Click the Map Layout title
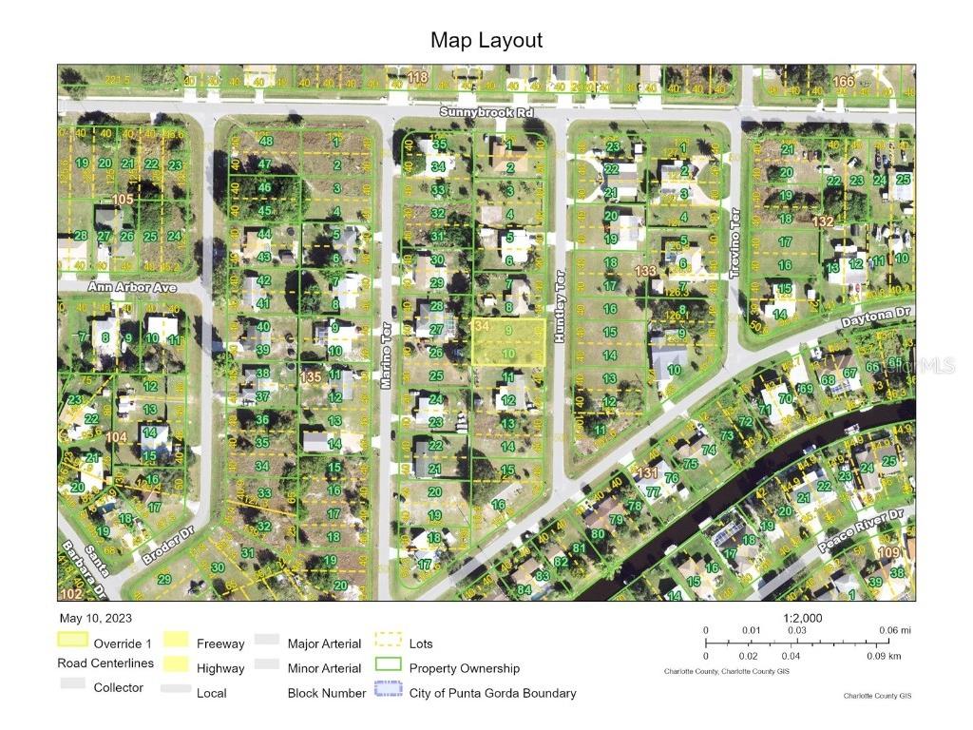(486, 40)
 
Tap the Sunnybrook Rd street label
(486, 112)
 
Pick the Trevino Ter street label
(735, 256)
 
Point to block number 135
(310, 377)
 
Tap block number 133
(646, 271)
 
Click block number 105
(123, 199)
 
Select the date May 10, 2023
(95, 618)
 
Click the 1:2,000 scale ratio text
(802, 618)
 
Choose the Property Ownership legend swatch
(389, 668)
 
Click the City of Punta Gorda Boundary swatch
(389, 693)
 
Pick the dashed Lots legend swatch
(389, 644)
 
